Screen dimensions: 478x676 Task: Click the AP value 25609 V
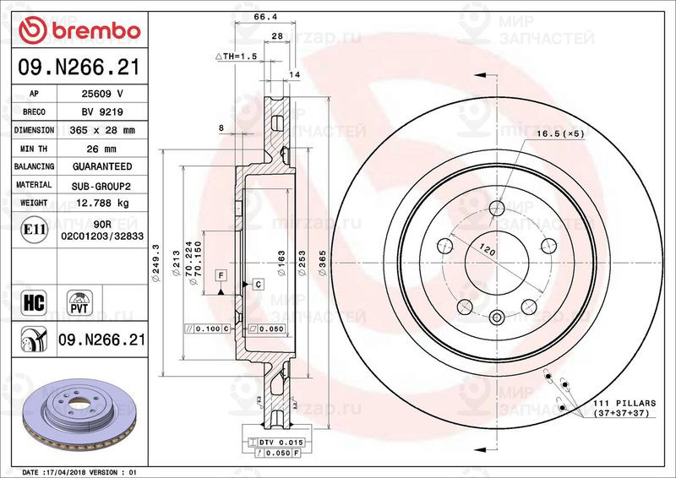pos(102,94)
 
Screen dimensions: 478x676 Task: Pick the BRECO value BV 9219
pos(102,112)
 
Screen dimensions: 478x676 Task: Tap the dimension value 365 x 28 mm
pos(102,131)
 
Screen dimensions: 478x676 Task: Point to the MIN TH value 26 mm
pos(102,149)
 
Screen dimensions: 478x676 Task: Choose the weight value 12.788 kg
pos(102,203)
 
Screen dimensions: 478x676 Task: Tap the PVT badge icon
pos(81,303)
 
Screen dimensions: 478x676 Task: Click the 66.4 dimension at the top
pos(265,17)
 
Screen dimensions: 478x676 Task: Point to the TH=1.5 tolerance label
pos(237,56)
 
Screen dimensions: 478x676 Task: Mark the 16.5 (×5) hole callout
pos(559,133)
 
